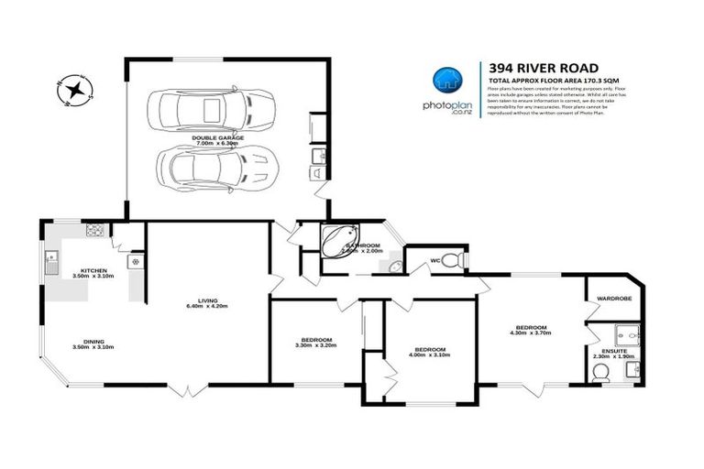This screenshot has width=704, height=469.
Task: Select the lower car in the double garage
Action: pos(203,167)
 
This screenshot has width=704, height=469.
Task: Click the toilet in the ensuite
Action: pos(601,371)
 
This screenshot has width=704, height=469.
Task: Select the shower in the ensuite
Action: pos(626,333)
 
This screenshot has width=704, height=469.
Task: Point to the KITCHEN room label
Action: pos(94,270)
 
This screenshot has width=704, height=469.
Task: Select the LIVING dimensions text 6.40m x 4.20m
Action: pos(206,305)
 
